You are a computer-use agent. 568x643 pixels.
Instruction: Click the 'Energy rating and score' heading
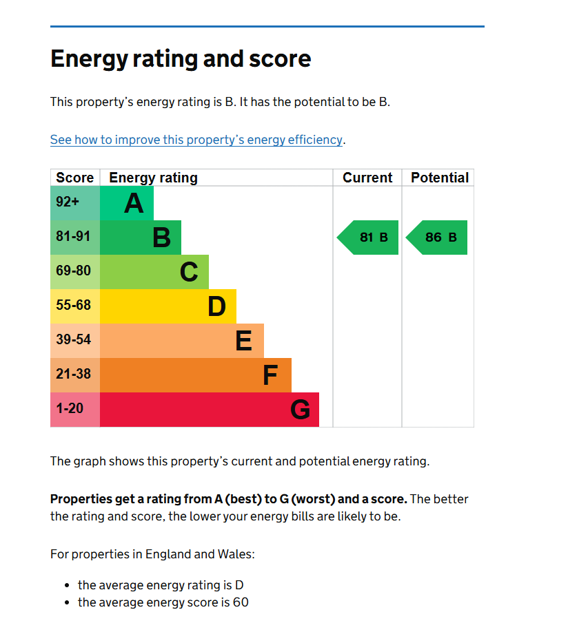tap(181, 59)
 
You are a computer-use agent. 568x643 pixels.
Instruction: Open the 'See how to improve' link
tap(196, 140)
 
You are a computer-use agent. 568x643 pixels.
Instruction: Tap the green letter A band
tap(128, 203)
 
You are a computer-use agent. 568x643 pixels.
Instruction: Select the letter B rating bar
tap(141, 238)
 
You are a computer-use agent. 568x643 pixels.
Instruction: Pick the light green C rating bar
tap(155, 272)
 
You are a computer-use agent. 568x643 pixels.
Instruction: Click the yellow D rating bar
tap(169, 306)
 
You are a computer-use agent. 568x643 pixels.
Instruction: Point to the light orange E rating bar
tap(183, 341)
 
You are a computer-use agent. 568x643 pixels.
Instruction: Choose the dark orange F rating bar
tap(196, 375)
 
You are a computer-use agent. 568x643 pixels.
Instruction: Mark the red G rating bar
tap(210, 410)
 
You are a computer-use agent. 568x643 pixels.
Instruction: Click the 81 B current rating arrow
tap(369, 238)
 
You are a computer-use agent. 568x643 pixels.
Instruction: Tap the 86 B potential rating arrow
tap(438, 238)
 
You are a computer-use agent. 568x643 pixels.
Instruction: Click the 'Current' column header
tap(367, 178)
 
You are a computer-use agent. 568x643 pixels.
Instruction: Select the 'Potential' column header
tap(439, 178)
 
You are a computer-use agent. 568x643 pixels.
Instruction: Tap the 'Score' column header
tap(75, 178)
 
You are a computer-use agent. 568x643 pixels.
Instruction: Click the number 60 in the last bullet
tap(241, 603)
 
